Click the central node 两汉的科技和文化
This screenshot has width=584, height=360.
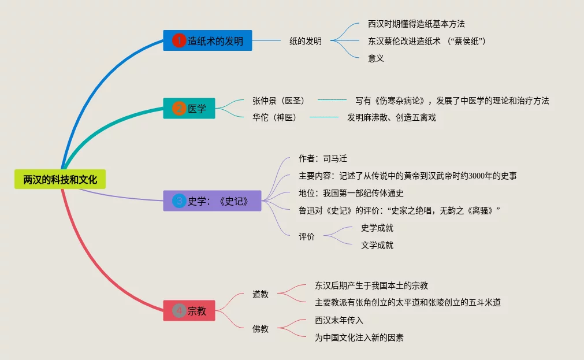click(x=60, y=180)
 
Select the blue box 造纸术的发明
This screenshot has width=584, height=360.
click(x=207, y=40)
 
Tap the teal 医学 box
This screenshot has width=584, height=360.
click(x=189, y=108)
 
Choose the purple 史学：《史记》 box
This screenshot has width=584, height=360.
click(x=212, y=201)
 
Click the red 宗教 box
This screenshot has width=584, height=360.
click(x=189, y=311)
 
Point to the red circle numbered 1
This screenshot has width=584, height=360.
click(x=179, y=40)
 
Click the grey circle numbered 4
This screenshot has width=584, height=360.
click(x=179, y=311)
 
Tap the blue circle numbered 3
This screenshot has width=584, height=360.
click(x=179, y=201)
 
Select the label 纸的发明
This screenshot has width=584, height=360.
click(x=306, y=41)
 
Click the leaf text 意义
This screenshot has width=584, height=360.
click(x=376, y=58)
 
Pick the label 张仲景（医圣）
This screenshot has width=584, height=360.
click(x=278, y=101)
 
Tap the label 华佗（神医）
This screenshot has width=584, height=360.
click(x=274, y=117)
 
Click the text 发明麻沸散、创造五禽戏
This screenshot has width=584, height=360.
click(x=391, y=117)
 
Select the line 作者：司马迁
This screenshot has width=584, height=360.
click(x=323, y=158)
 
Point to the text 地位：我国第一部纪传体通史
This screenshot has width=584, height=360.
click(x=351, y=193)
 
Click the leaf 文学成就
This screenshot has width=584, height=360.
click(x=377, y=245)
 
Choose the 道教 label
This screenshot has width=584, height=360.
click(x=261, y=294)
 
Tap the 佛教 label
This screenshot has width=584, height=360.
click(x=261, y=329)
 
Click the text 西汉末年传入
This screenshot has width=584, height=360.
click(x=339, y=320)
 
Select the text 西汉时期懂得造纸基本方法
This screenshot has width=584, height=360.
click(x=416, y=24)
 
